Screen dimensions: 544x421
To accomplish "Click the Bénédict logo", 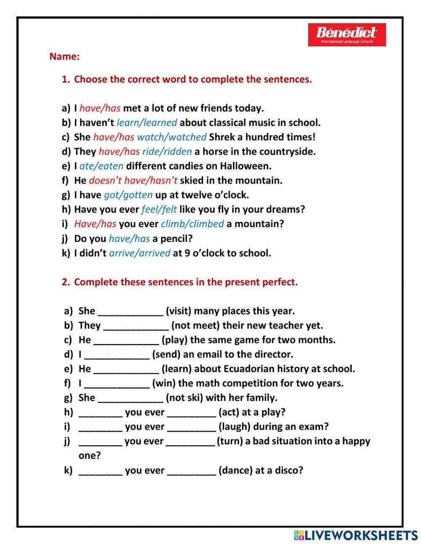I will (346, 35).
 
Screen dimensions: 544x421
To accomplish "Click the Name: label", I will (64, 56).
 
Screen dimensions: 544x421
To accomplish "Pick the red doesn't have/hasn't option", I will (133, 180).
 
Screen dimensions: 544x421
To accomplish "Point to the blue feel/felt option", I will (159, 209).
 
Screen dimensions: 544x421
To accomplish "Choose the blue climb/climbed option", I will (192, 224).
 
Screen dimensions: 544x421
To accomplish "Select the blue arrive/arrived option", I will (139, 253).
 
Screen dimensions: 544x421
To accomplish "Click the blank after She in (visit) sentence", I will (130, 312).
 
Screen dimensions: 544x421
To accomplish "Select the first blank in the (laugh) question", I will (100, 427).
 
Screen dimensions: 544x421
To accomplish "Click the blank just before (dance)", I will (191, 471).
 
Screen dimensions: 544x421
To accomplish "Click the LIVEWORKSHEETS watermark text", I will (361, 535).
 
